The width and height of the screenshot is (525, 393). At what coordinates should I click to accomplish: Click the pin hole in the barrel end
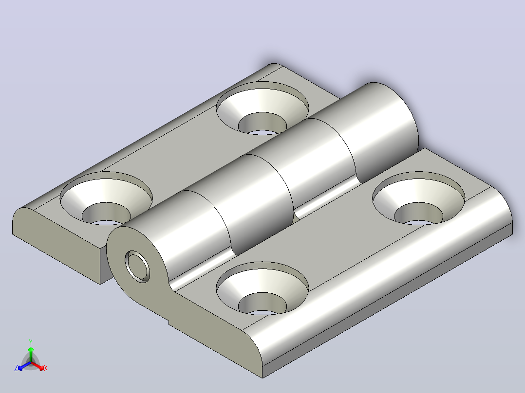coord(137,267)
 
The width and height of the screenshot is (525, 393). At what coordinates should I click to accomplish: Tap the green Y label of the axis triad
coord(31,342)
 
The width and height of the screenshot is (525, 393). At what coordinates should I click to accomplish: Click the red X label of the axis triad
coord(46,368)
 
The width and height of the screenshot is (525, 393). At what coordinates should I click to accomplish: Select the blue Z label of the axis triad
coord(16,368)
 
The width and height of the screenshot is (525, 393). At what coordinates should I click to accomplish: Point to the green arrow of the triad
coord(31,354)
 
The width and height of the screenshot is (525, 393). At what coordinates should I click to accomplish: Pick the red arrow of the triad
coord(37,366)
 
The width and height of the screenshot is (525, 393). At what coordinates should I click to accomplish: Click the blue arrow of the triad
coord(24,366)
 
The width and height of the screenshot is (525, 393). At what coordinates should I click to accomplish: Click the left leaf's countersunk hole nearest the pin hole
coord(106,198)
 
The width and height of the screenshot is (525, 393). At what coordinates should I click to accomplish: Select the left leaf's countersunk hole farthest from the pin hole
coord(262,108)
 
